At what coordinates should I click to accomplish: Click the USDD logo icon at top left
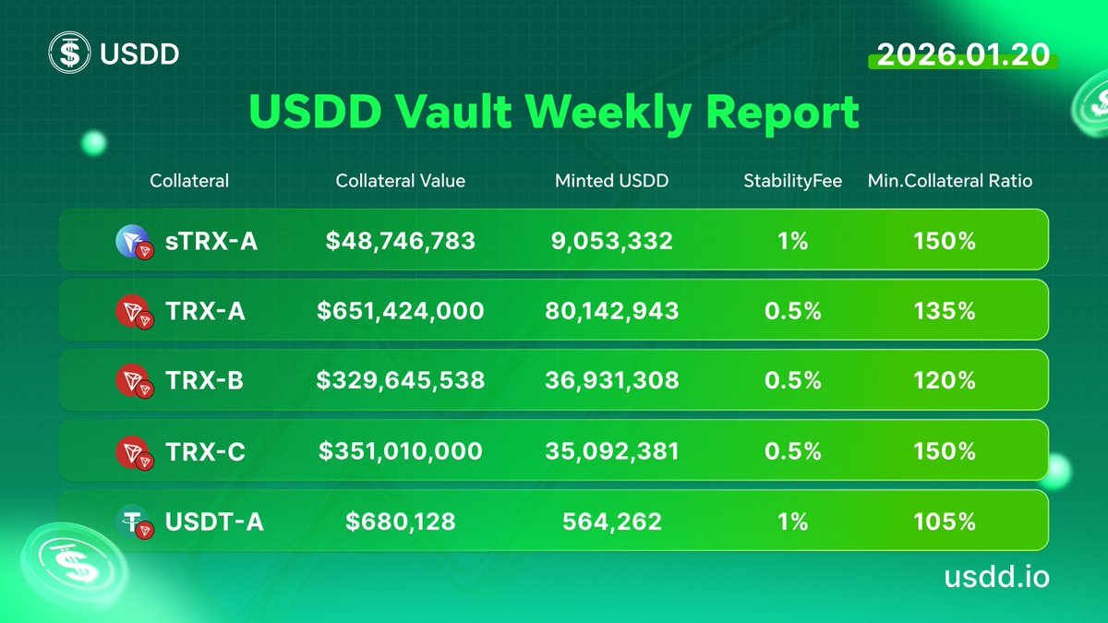click(69, 54)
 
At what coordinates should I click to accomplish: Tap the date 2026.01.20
click(963, 54)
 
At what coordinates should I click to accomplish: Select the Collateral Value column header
click(400, 181)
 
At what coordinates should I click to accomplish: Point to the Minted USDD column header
click(611, 181)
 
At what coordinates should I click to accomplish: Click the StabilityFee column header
click(792, 181)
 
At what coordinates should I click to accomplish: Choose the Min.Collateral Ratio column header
click(950, 181)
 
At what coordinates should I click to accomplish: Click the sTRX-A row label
click(211, 241)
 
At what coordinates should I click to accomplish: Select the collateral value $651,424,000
click(400, 311)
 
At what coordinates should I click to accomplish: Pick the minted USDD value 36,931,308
click(611, 380)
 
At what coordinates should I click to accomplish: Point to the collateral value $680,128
click(400, 521)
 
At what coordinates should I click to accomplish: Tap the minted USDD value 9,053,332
click(611, 241)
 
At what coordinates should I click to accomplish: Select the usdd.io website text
click(996, 577)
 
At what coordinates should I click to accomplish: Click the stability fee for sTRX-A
click(792, 241)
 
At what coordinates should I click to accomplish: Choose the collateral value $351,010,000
click(400, 451)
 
